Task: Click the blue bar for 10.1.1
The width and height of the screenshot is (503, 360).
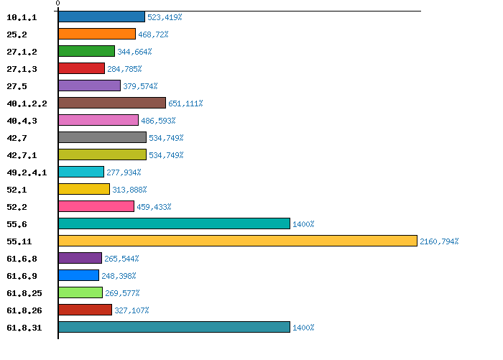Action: [x=101, y=17]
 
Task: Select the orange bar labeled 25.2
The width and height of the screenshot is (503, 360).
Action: [x=97, y=34]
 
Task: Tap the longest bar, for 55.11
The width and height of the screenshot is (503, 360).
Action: [x=237, y=241]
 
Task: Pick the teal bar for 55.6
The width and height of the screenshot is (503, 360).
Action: [x=174, y=223]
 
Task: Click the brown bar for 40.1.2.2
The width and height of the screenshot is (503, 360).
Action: [x=112, y=103]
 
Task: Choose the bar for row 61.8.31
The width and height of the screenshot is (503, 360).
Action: [x=174, y=327]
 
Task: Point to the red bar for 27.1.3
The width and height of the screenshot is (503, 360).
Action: [x=81, y=68]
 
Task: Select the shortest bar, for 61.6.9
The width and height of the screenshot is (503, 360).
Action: [x=78, y=275]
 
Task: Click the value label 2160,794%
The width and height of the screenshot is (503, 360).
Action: [x=439, y=241]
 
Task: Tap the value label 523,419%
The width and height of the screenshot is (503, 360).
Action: [x=165, y=17]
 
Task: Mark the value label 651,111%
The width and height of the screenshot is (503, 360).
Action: [x=185, y=103]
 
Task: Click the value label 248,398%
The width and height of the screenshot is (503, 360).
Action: [x=119, y=276]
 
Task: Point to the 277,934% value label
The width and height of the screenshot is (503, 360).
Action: [x=124, y=172]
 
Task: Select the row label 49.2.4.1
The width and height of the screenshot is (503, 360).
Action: [x=27, y=172]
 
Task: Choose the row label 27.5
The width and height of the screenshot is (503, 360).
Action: [x=17, y=86]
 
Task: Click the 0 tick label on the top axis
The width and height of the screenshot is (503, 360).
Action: [x=57, y=4]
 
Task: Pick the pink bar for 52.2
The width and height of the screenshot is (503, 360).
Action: [x=96, y=206]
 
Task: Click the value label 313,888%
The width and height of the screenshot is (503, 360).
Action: [x=129, y=190]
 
